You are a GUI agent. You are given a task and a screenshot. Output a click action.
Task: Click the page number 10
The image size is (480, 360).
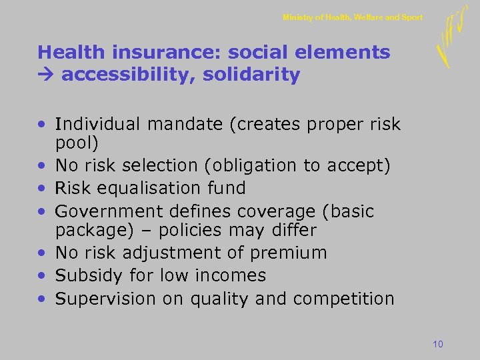coord(438,344)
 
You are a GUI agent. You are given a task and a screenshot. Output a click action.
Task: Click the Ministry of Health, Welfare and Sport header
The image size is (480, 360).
coord(353,17)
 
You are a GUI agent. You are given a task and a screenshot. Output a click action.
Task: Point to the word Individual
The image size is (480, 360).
coord(99,124)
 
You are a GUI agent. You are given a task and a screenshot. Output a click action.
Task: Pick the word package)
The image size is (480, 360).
coord(87,231)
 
